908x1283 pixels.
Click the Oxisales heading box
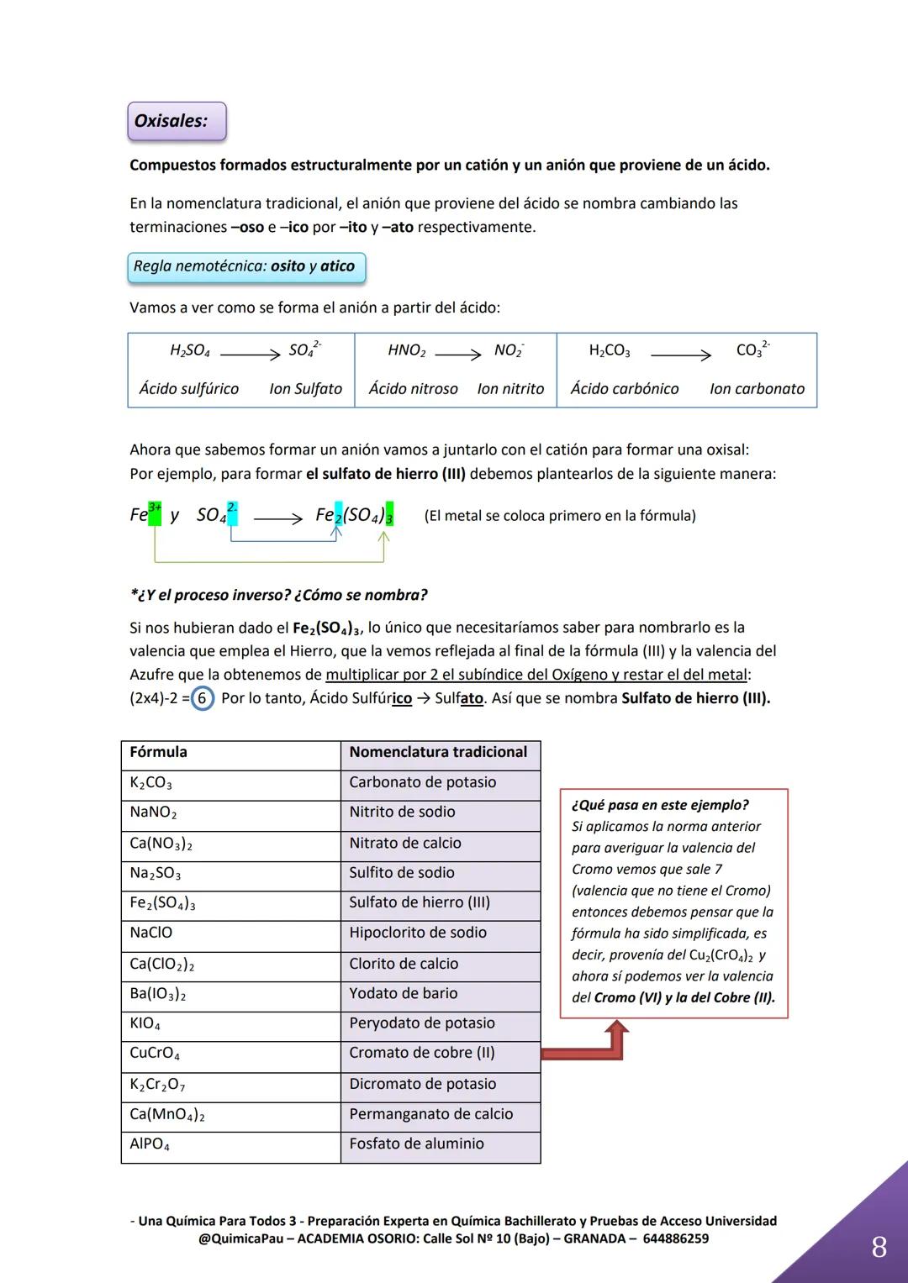(177, 121)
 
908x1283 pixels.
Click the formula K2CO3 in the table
(150, 783)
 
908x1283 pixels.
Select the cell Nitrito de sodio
(402, 812)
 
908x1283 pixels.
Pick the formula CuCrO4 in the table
(155, 1054)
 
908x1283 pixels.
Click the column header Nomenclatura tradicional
(438, 753)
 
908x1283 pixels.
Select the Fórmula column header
(158, 753)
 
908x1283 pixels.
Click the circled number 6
(202, 698)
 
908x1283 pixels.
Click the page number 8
(879, 1247)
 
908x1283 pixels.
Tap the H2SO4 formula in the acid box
(190, 351)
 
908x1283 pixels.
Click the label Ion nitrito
(510, 389)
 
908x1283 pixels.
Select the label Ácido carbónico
(625, 389)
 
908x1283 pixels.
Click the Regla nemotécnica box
(245, 267)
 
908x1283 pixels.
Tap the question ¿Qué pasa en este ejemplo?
(660, 805)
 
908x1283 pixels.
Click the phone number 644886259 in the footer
(675, 1239)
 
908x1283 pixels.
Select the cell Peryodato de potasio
(422, 1023)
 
